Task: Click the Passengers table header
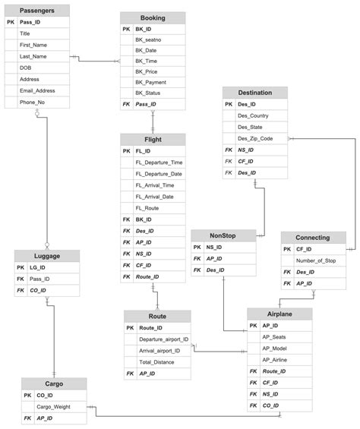(36, 11)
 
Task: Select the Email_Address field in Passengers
(37, 90)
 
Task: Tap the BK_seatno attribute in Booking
(148, 39)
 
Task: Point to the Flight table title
(153, 139)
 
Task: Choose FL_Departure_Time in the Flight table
(159, 162)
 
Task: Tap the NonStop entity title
(223, 236)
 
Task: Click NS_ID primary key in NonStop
(214, 247)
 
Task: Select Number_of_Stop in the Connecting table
(315, 260)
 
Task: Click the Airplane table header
(279, 313)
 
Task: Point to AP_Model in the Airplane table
(274, 348)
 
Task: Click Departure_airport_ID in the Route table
(164, 339)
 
